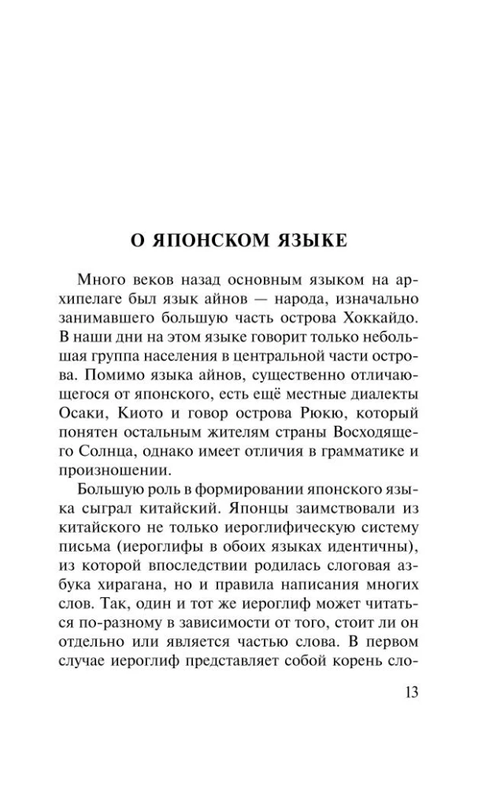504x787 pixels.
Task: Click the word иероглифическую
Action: pyautogui.click(x=287, y=527)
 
